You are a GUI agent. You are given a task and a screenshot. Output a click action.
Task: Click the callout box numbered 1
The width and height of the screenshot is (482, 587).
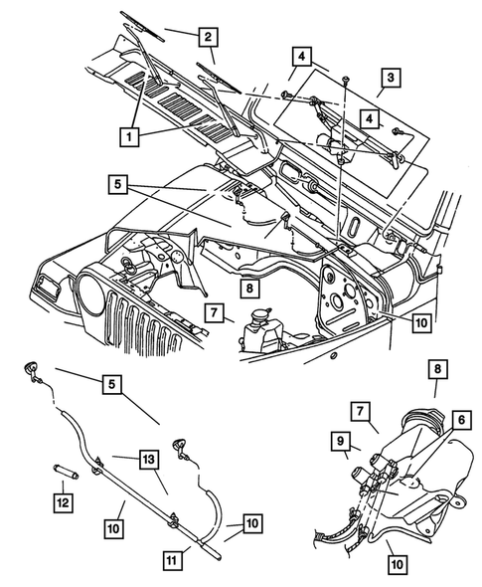[x=130, y=129]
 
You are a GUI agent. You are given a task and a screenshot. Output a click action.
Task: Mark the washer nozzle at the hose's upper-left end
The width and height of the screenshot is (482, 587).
[x=33, y=371]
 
